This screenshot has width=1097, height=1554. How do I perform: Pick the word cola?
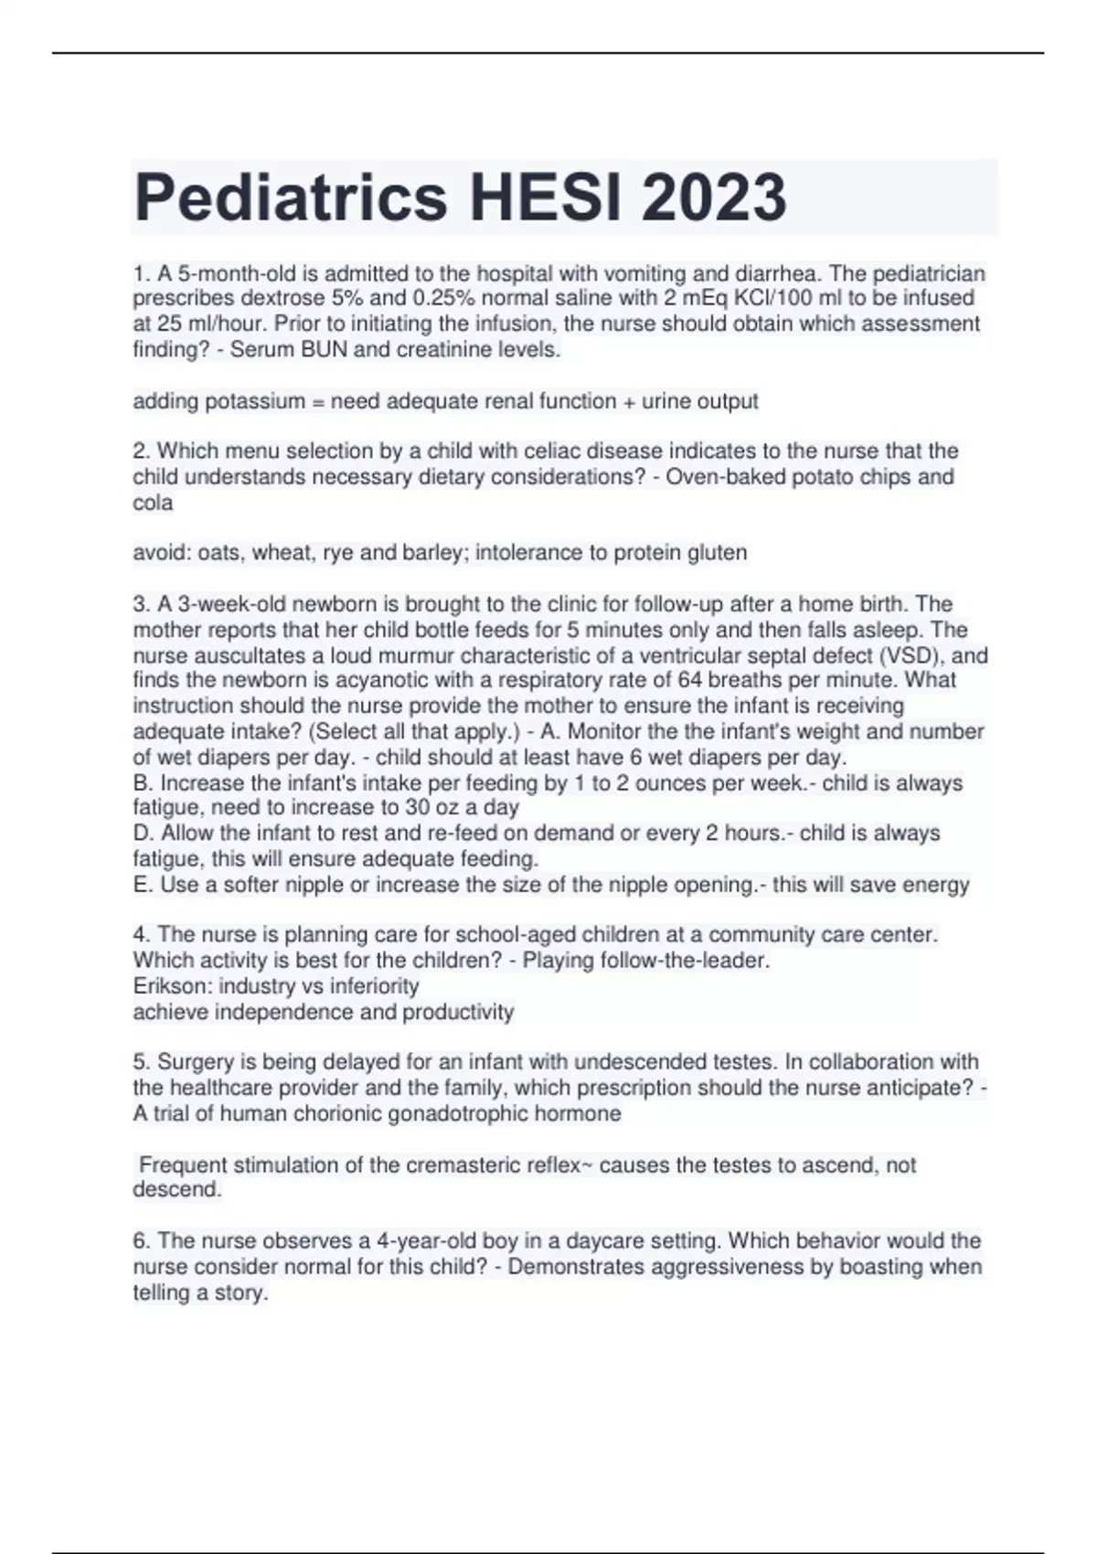tap(153, 503)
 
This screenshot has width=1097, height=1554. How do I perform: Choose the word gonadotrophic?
tap(473, 1113)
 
